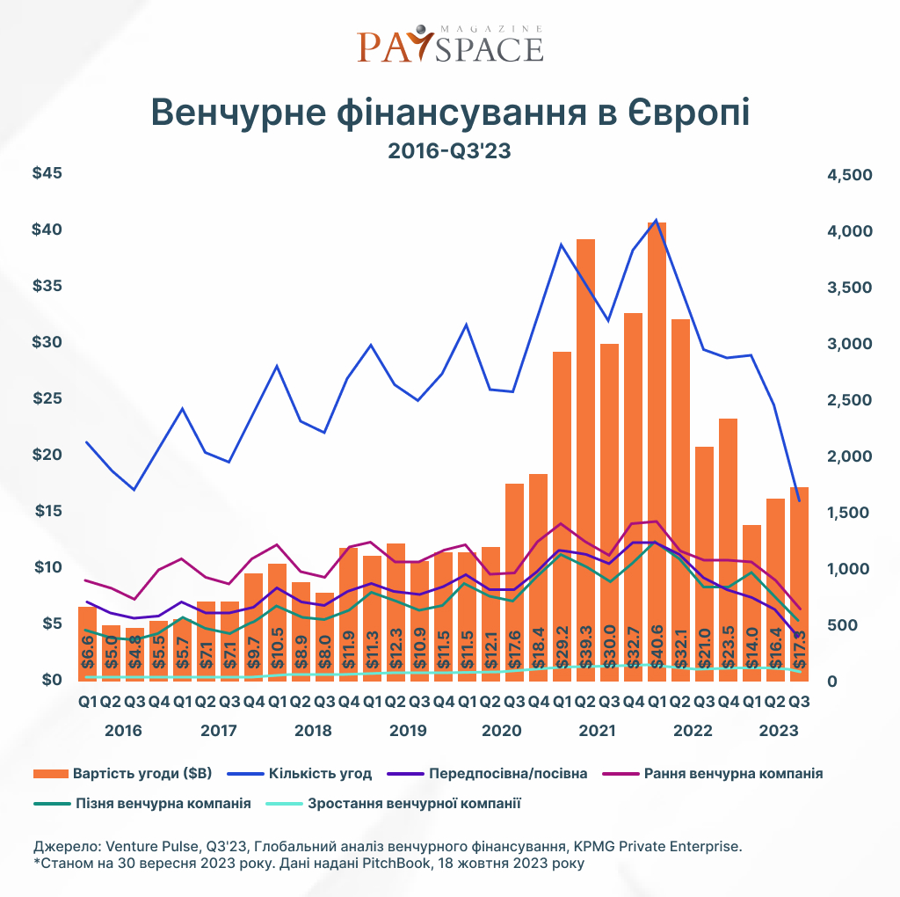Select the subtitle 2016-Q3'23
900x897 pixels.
[449, 151]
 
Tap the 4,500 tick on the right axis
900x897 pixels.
[849, 175]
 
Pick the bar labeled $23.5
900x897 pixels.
[728, 545]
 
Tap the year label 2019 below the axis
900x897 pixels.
[408, 731]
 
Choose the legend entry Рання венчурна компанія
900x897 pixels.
[733, 774]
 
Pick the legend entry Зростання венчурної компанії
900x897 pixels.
[415, 803]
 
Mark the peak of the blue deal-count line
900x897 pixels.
[657, 220]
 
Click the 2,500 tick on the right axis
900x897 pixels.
[849, 400]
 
